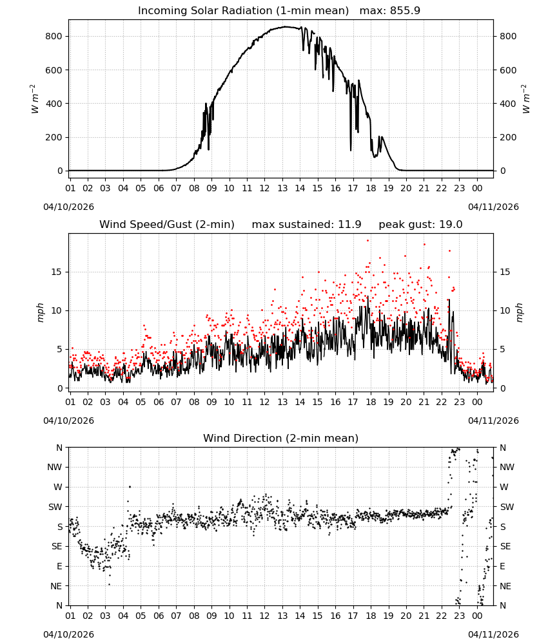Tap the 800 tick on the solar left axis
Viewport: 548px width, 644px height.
(54, 36)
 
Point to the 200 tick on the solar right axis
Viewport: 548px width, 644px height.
(508, 138)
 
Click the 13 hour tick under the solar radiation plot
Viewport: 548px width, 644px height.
(282, 188)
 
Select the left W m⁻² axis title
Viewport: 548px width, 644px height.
(34, 99)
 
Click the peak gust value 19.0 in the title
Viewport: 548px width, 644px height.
(451, 225)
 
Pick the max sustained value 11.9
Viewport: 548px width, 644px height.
(350, 225)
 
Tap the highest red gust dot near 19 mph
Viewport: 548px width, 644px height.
(368, 241)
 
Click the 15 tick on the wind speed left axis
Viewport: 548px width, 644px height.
(57, 272)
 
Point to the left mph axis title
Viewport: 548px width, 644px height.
(40, 312)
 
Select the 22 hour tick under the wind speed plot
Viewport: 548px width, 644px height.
(442, 402)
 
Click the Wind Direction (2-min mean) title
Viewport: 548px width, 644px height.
(281, 438)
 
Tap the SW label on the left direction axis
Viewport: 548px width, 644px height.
(55, 507)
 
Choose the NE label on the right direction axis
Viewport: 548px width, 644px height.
(505, 586)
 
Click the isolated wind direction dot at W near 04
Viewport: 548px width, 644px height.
(130, 487)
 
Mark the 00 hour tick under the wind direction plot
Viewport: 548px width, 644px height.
(477, 616)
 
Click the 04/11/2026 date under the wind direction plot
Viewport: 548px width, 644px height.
(493, 634)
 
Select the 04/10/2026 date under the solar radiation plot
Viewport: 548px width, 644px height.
(68, 207)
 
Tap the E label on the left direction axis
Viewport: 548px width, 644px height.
(59, 566)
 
